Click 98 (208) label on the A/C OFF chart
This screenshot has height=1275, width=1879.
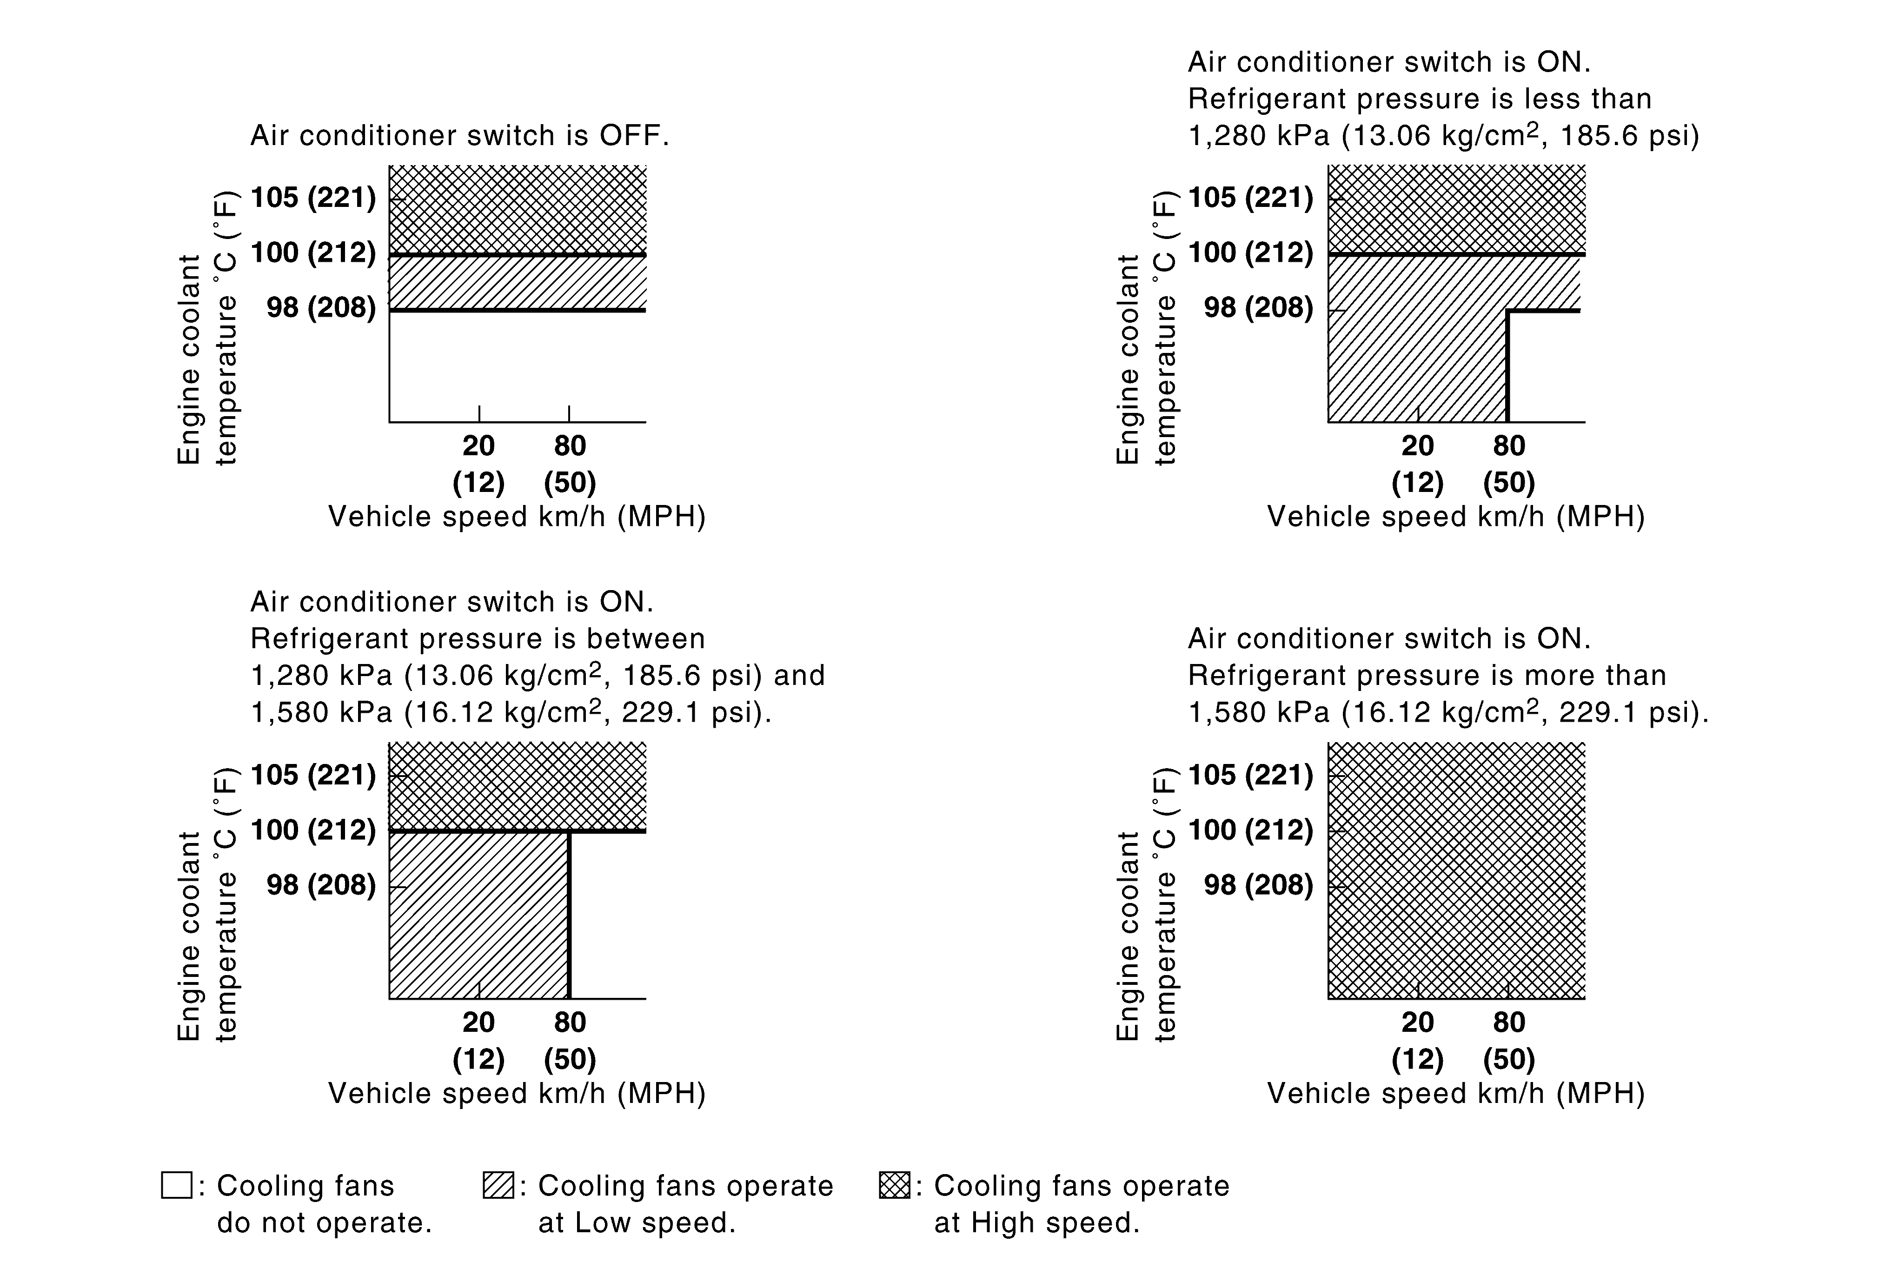321,308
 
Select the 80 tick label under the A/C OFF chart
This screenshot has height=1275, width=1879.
570,445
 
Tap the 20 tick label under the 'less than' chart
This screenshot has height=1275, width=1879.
1417,445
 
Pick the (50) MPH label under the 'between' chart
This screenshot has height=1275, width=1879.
570,1059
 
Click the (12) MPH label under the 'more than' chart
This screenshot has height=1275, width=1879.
1417,1059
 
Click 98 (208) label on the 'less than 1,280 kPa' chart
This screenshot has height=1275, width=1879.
1258,308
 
